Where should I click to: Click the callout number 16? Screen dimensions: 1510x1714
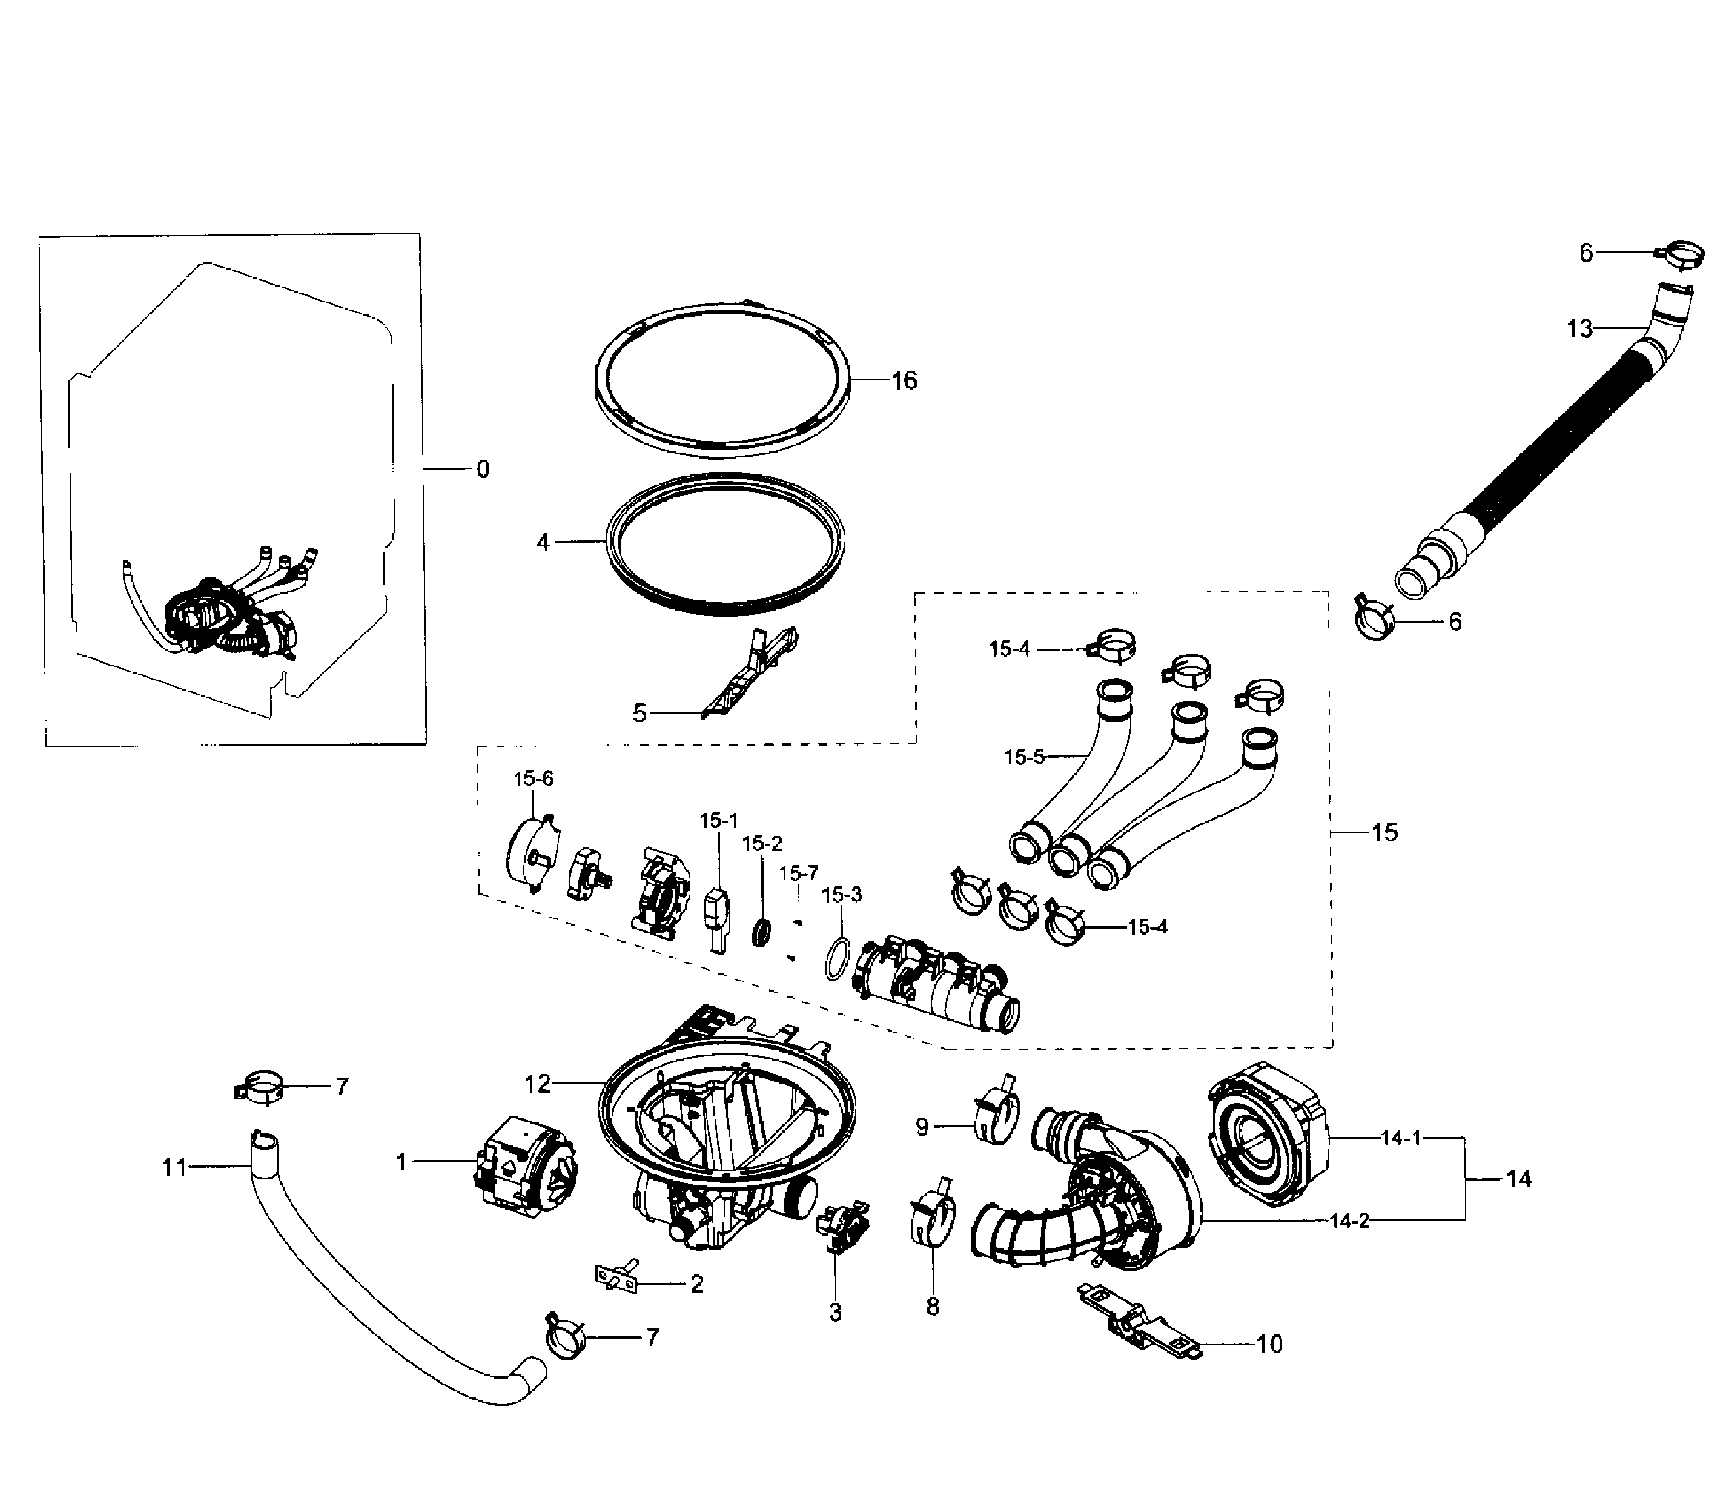(x=904, y=381)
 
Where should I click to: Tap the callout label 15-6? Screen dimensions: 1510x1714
(x=533, y=779)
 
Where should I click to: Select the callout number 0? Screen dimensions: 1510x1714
(x=482, y=469)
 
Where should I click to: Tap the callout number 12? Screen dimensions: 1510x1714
(x=537, y=1084)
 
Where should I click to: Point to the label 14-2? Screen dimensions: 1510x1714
(x=1350, y=1221)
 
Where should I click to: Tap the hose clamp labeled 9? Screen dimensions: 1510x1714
(x=996, y=1111)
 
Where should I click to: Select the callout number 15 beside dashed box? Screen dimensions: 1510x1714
(x=1385, y=832)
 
